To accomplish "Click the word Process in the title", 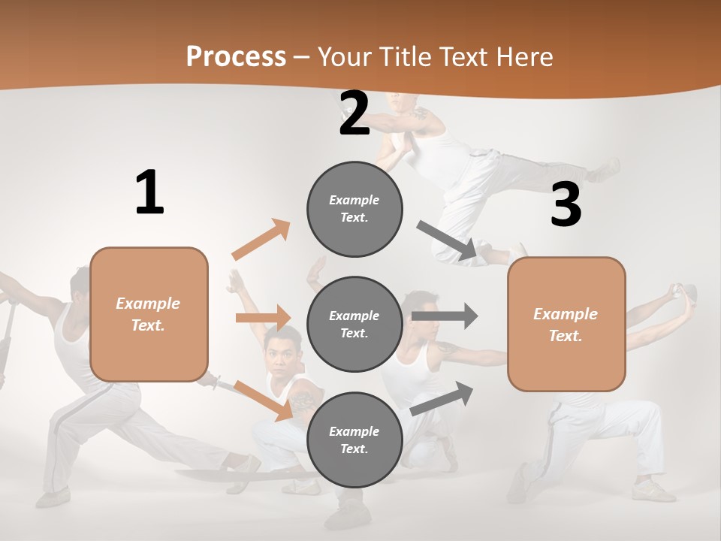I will (x=236, y=57).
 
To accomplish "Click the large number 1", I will (x=149, y=192).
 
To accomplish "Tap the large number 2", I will (x=354, y=114).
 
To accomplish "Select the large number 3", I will (x=566, y=205).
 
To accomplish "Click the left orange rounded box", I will (x=149, y=314).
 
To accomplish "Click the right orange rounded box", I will (x=566, y=324).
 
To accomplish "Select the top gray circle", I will (x=354, y=209).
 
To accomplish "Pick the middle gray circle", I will (x=354, y=324).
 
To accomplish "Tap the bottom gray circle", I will (x=354, y=440).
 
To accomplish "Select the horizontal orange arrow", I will (x=263, y=318).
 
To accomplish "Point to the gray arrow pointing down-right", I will (x=447, y=241).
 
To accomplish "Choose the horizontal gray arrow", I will (x=445, y=316).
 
